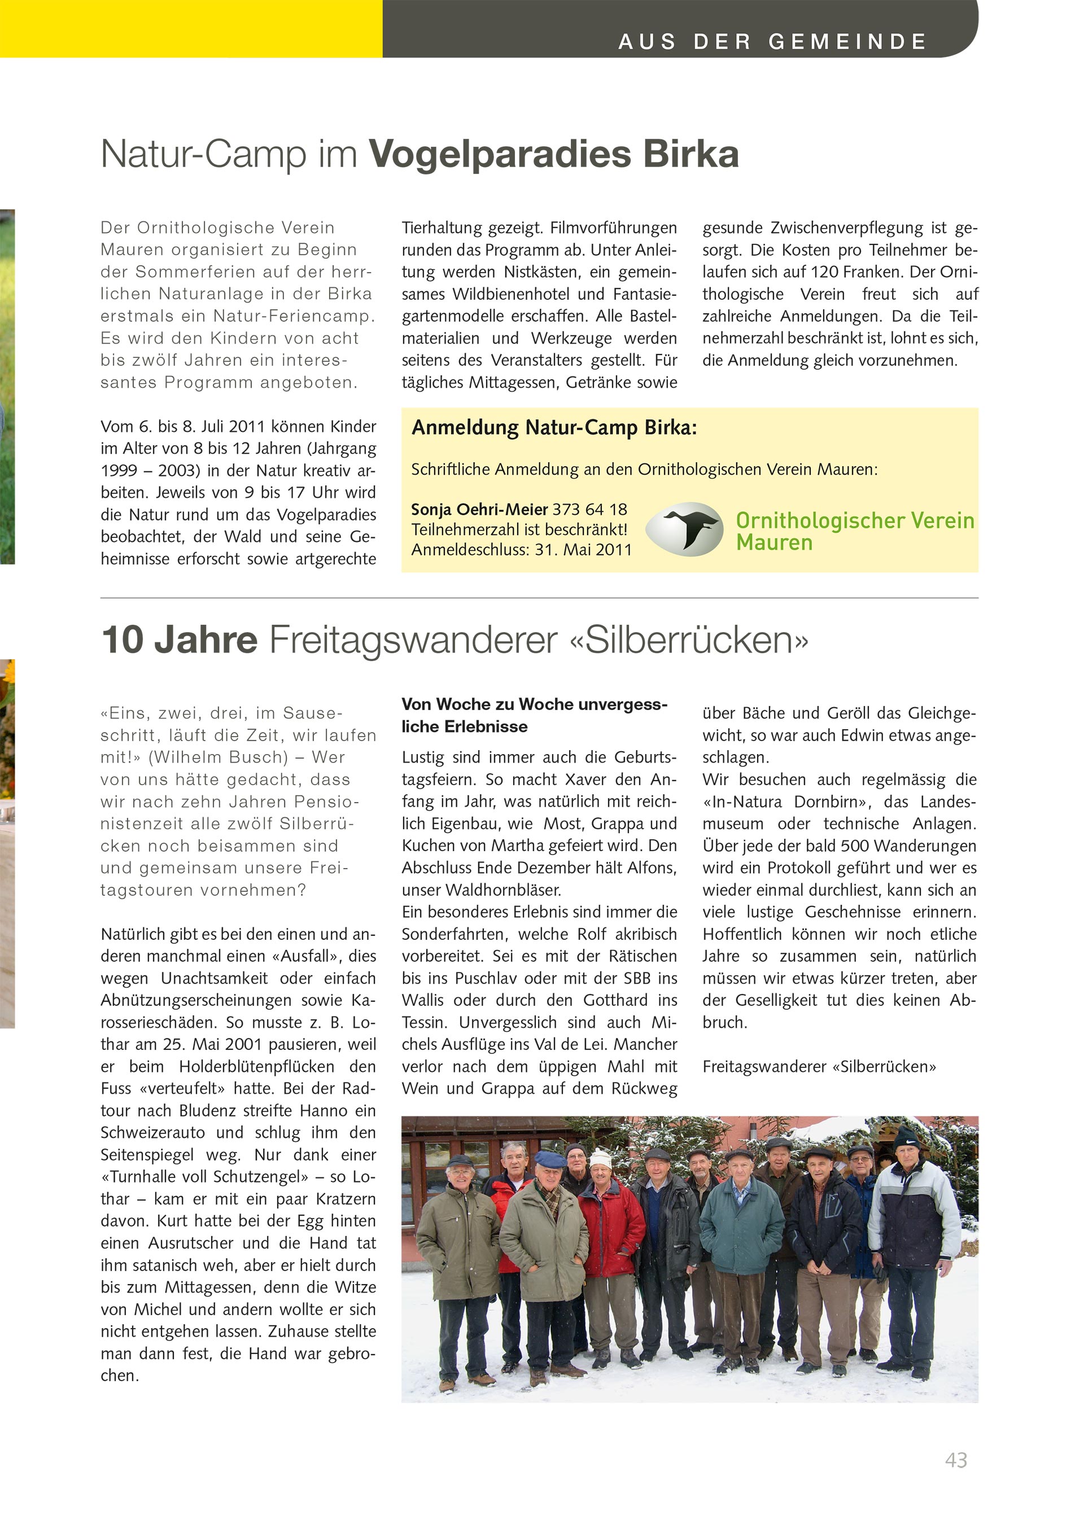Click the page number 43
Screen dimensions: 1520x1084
coord(956,1460)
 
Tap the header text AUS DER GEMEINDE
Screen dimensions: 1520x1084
coord(772,42)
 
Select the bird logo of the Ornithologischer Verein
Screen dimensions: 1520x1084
coord(684,528)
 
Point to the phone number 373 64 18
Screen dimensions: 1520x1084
coord(590,510)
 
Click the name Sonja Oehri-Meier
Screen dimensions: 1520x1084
coord(479,510)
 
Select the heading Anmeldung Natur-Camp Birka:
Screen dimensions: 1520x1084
coord(554,428)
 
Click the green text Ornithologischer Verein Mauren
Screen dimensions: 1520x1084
coord(854,531)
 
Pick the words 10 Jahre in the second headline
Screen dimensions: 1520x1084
coord(179,640)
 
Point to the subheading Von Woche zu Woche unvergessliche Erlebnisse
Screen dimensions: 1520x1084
coord(534,715)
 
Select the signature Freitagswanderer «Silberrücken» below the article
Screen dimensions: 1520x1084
coord(819,1066)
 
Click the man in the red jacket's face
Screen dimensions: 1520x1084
coord(600,1173)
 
